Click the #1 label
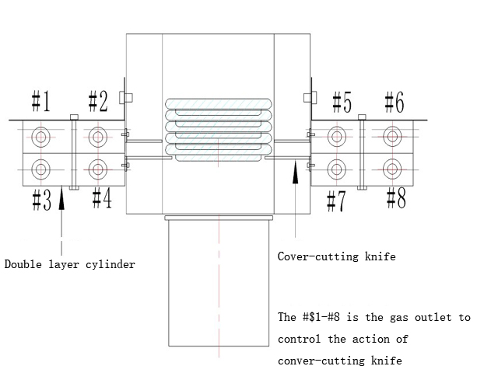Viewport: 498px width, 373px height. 40,101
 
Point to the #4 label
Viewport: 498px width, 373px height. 101,198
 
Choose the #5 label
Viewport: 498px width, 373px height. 341,101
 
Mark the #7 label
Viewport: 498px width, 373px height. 335,200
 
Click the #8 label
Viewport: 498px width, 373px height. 395,199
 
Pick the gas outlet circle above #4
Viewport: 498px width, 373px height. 96,167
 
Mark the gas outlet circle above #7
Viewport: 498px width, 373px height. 336,167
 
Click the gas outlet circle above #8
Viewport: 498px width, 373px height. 393,167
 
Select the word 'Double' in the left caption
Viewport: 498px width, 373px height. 23,264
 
